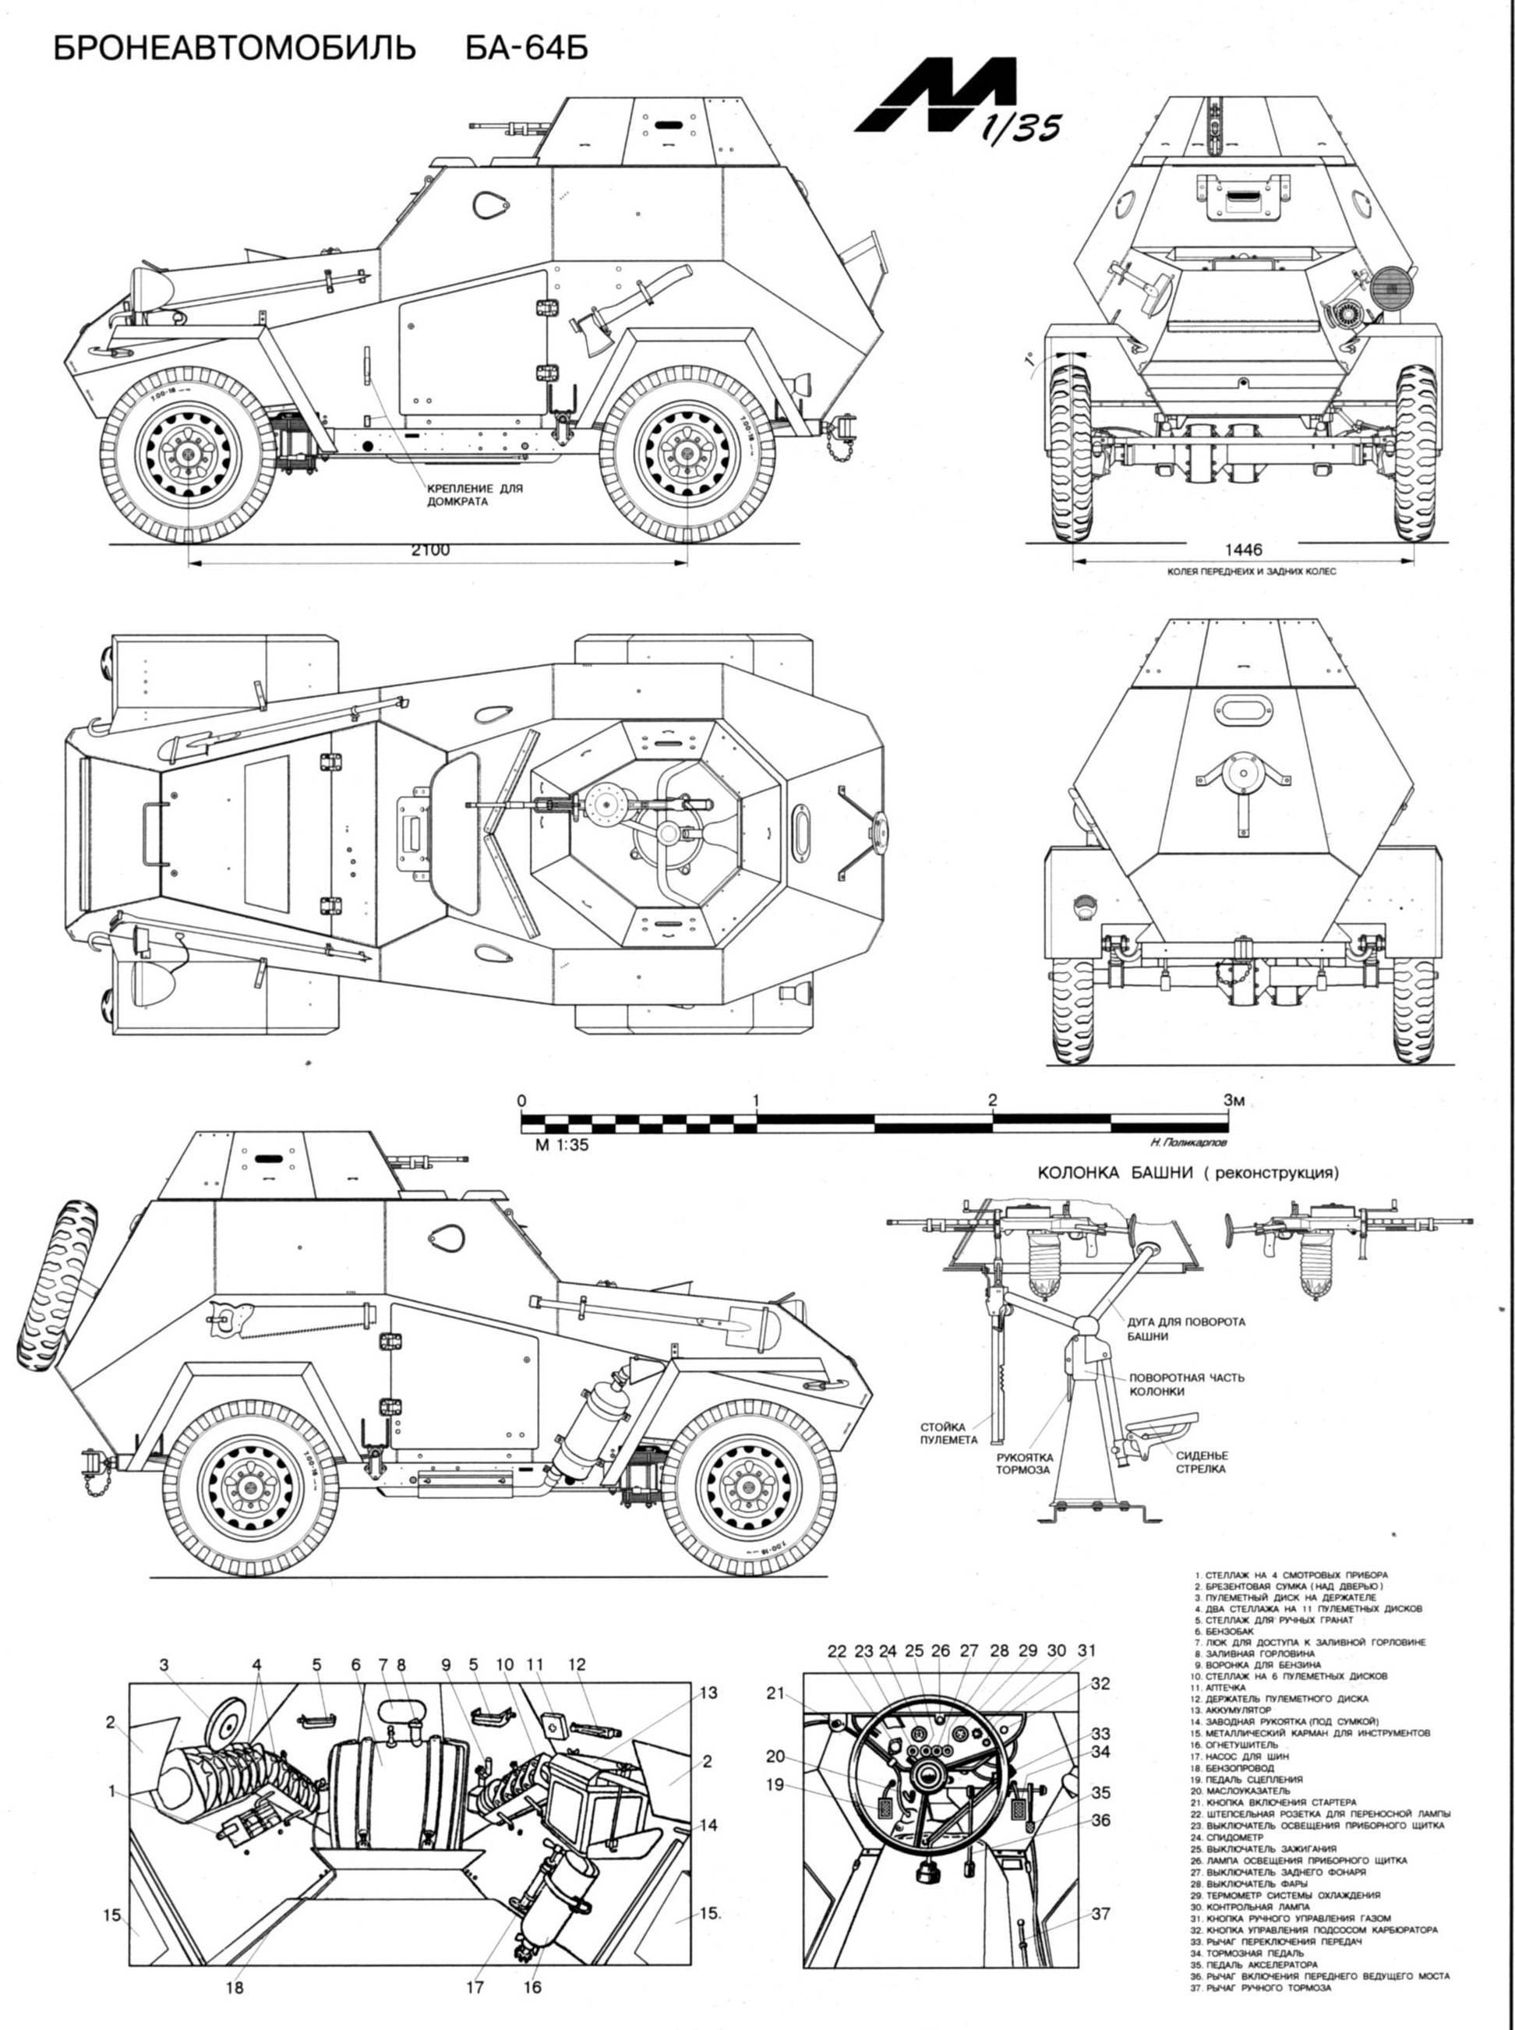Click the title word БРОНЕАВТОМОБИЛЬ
[x=235, y=47]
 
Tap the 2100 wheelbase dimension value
[x=430, y=550]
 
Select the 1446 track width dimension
[x=1243, y=550]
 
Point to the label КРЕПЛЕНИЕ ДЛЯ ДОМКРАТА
[x=473, y=495]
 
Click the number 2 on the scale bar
[x=991, y=1100]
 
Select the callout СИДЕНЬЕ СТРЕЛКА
[x=1202, y=1461]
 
